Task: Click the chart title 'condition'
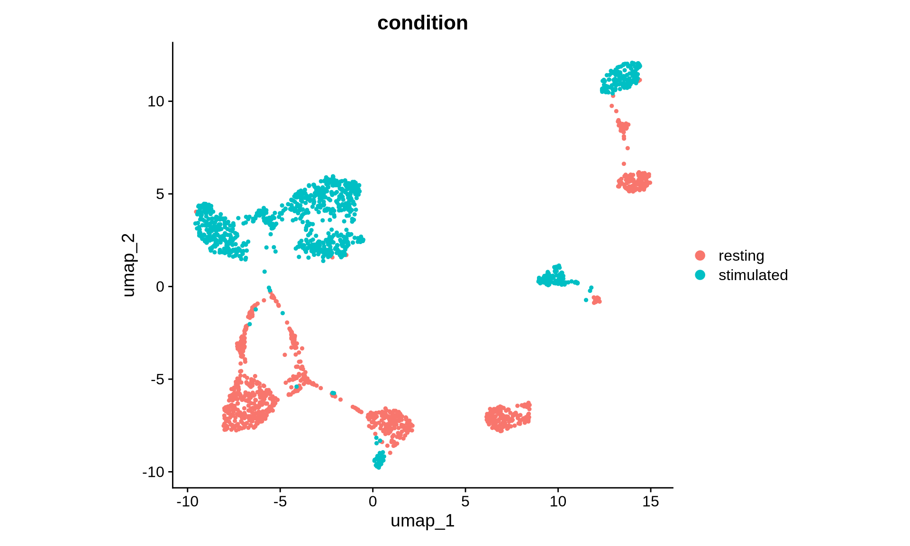422,23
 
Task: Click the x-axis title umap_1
422,521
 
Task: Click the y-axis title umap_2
129,265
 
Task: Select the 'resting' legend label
741,256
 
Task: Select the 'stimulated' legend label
753,275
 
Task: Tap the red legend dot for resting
700,255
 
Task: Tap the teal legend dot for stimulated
700,275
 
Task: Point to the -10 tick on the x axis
187,501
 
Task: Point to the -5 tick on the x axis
280,501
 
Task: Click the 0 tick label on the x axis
373,501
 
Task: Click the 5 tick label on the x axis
465,501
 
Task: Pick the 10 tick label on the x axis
558,501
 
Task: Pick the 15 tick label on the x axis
651,501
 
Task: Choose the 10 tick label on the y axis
155,101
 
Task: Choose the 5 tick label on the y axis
160,194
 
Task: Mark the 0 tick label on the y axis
160,287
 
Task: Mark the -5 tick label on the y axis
157,380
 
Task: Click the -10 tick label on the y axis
153,472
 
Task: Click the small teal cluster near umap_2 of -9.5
379,460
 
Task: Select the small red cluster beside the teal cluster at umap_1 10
596,300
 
